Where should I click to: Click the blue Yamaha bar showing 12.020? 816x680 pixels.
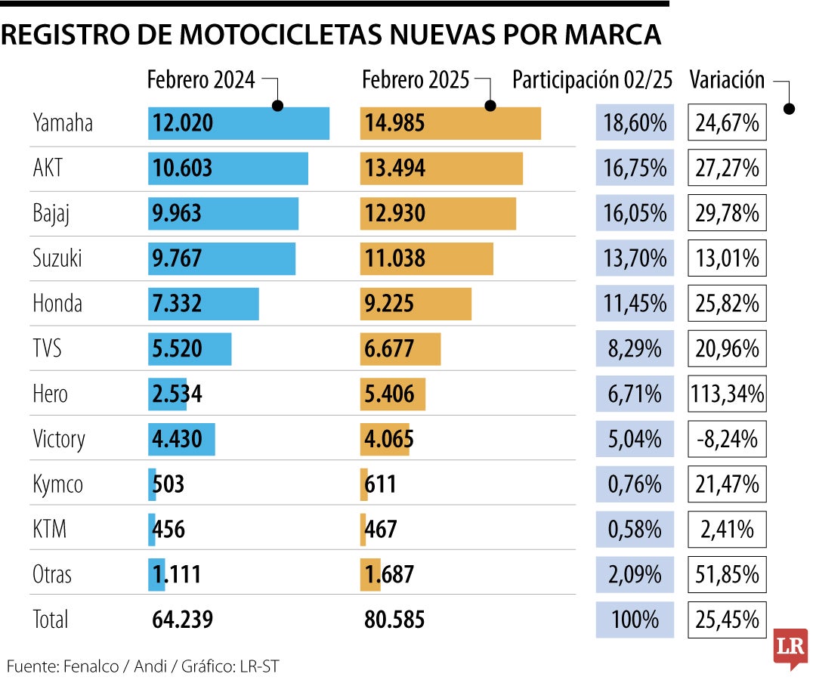pyautogui.click(x=238, y=123)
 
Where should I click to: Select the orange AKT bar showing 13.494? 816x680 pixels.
pyautogui.click(x=441, y=168)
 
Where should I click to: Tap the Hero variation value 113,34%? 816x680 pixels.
pyautogui.click(x=727, y=394)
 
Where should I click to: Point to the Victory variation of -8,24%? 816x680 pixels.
pyautogui.click(x=727, y=439)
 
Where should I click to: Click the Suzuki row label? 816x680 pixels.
pyautogui.click(x=57, y=258)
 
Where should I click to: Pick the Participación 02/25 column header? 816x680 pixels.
pyautogui.click(x=592, y=80)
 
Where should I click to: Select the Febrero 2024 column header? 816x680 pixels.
pyautogui.click(x=201, y=80)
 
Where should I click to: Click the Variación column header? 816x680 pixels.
pyautogui.click(x=727, y=80)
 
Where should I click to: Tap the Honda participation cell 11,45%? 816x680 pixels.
pyautogui.click(x=635, y=304)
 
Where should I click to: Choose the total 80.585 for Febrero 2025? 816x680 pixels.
pyautogui.click(x=394, y=620)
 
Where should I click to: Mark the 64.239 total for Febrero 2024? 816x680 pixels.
pyautogui.click(x=183, y=620)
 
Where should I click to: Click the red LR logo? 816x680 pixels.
pyautogui.click(x=790, y=648)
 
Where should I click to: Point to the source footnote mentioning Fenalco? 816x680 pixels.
pyautogui.click(x=144, y=666)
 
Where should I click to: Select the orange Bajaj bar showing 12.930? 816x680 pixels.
pyautogui.click(x=437, y=214)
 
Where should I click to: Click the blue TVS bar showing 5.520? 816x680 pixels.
pyautogui.click(x=190, y=348)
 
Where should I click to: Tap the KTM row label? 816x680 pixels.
pyautogui.click(x=50, y=529)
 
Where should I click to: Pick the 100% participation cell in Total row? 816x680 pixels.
pyautogui.click(x=635, y=620)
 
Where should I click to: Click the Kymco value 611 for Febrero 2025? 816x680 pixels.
pyautogui.click(x=380, y=484)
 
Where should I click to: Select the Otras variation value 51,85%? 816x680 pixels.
pyautogui.click(x=727, y=574)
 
